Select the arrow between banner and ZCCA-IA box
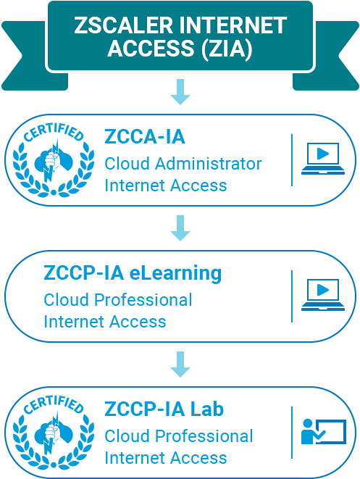click(180, 93)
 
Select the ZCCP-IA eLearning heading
click(133, 274)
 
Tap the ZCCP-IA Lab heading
click(164, 409)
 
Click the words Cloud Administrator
click(183, 163)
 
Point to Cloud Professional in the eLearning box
click(118, 299)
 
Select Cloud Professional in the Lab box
click(179, 436)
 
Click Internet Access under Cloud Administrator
click(166, 186)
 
